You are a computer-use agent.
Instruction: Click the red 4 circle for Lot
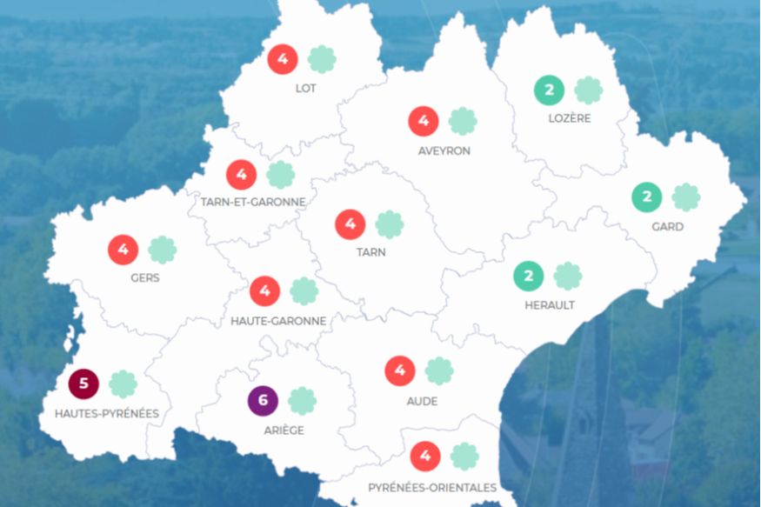(x=283, y=59)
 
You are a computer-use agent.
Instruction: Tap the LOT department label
(x=305, y=89)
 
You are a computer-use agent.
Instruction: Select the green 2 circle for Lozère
(x=549, y=90)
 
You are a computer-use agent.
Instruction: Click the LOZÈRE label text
(x=570, y=118)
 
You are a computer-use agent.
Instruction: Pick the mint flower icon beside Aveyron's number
(x=463, y=121)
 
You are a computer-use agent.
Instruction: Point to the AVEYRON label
(x=444, y=150)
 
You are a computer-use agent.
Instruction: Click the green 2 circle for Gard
(x=646, y=197)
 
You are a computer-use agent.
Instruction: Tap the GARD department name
(x=667, y=227)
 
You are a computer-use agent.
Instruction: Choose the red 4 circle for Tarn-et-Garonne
(x=241, y=175)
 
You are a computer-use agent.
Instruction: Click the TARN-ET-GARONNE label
(x=253, y=202)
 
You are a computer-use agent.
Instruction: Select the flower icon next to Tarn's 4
(x=390, y=224)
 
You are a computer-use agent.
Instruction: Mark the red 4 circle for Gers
(x=123, y=250)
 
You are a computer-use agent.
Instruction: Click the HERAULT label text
(x=550, y=305)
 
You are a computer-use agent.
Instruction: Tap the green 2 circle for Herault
(x=528, y=277)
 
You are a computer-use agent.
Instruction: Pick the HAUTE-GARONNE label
(x=278, y=321)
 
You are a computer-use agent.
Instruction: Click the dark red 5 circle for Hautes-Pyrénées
(x=83, y=384)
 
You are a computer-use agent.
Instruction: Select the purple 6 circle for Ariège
(x=263, y=401)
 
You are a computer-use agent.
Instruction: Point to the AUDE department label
(x=422, y=401)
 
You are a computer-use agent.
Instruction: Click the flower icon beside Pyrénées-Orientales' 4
(x=464, y=456)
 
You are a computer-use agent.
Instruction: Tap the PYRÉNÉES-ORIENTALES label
(x=432, y=487)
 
